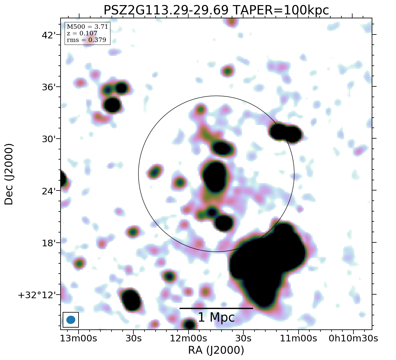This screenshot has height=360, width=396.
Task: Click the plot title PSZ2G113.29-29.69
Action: [x=166, y=10]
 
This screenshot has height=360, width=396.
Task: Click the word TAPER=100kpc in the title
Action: [x=281, y=10]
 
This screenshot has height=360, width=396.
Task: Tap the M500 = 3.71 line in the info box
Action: [x=87, y=27]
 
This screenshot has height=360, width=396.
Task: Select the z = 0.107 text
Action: [x=82, y=33]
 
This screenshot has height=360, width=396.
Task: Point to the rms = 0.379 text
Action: [x=86, y=40]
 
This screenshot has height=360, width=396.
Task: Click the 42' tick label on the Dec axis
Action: [x=49, y=35]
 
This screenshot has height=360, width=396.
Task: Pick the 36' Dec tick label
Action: [x=49, y=87]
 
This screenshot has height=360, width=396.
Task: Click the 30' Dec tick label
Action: [x=49, y=139]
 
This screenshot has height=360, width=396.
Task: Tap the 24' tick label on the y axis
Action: [x=49, y=191]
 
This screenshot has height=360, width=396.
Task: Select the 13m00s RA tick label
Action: [x=79, y=338]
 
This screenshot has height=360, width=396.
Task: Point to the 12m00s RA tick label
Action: [x=189, y=338]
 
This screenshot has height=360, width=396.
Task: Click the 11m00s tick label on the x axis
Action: [x=298, y=338]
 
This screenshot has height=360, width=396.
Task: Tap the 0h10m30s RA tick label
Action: [x=353, y=338]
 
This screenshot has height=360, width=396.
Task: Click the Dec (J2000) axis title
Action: [x=9, y=174]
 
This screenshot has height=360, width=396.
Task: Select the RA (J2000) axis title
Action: [x=216, y=350]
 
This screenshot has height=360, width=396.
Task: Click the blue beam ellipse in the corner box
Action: [x=71, y=320]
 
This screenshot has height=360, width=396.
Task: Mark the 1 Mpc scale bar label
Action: [x=216, y=317]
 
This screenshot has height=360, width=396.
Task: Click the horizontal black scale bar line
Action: [x=216, y=308]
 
